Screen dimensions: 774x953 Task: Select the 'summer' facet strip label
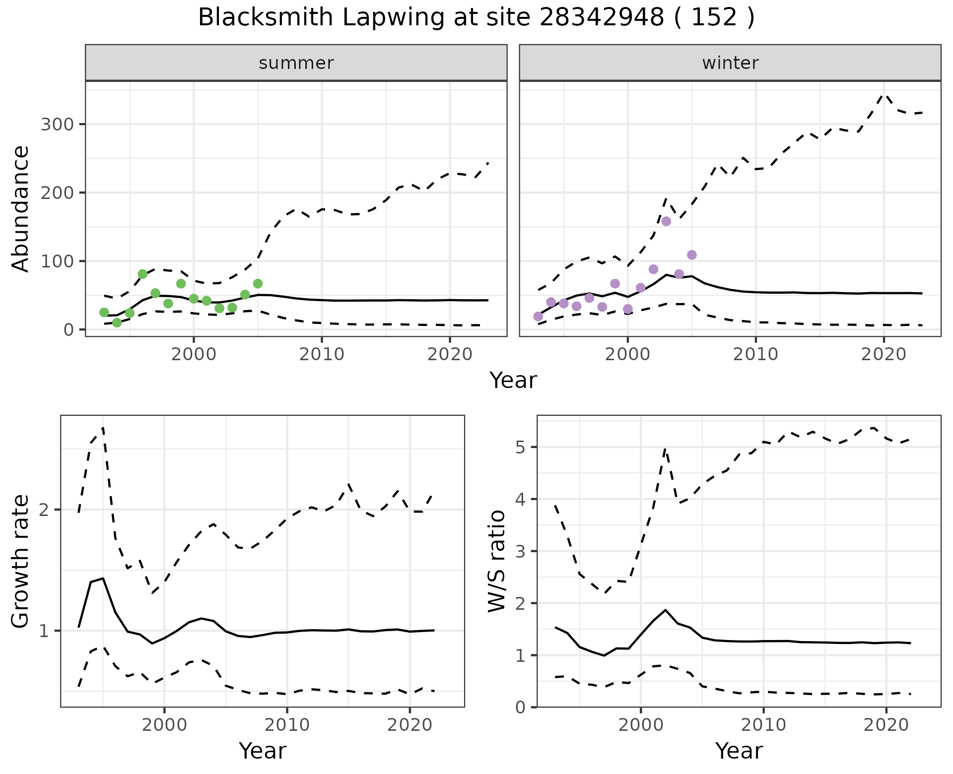coord(296,63)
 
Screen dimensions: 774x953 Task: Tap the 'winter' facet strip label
coord(730,63)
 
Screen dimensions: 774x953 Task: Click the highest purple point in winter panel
coord(666,221)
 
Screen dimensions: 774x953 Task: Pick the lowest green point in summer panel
coord(117,322)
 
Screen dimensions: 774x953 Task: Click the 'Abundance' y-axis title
coord(21,209)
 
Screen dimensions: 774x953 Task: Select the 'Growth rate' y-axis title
coord(21,561)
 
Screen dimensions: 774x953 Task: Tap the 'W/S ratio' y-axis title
coord(497,561)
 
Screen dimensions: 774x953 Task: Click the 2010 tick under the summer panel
coord(322,355)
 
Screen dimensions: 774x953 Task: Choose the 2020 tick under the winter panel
coord(884,355)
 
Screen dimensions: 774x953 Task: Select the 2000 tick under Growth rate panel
coord(164,725)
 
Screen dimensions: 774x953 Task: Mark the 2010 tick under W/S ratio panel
coord(763,725)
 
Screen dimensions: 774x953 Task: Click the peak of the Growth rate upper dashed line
coord(103,427)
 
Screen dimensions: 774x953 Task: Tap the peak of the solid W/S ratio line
coord(666,610)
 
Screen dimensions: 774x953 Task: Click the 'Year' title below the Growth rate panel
coord(263,751)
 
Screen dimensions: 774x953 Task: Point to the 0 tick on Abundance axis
coord(68,329)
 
